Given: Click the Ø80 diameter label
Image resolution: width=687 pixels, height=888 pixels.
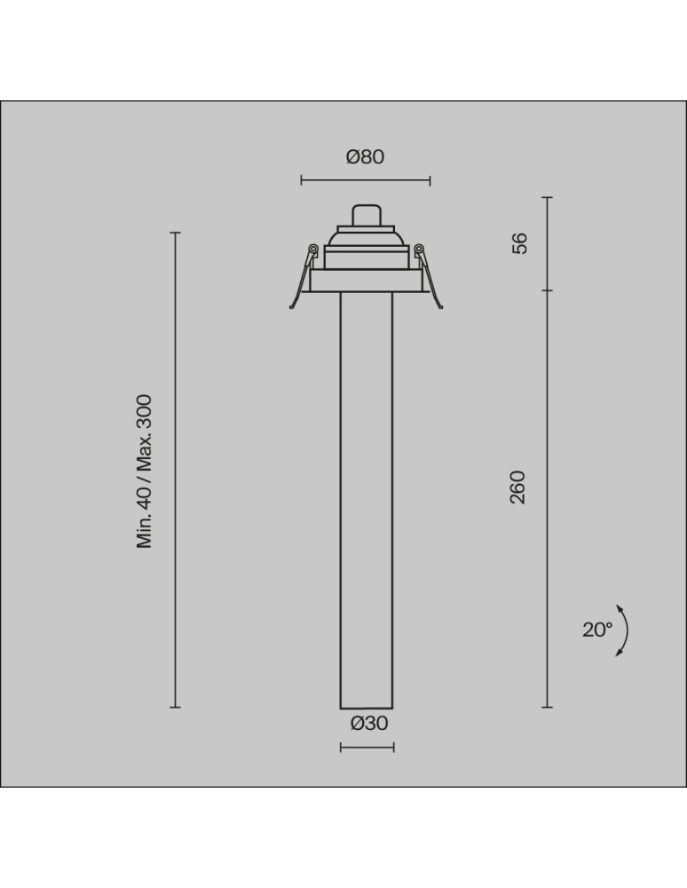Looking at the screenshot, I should coord(365,157).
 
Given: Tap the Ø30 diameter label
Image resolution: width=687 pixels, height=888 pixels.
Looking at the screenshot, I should coord(369,723).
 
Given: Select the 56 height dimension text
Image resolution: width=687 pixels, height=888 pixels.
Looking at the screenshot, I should coord(520,243).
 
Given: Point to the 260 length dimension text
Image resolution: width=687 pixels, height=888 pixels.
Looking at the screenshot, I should coord(518,488).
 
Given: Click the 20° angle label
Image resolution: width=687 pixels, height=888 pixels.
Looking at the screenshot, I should coord(597,630).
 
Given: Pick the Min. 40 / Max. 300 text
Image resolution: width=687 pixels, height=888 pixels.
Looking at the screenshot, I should coord(146,472).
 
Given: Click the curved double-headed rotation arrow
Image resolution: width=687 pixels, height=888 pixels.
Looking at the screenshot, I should coord(625,630).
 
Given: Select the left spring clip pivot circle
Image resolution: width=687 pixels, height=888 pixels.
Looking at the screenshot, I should coord(312,249).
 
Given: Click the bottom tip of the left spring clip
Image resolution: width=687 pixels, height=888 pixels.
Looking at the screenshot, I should coord(292,307).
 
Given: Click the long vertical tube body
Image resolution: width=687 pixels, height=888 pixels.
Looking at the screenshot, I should coord(367,497).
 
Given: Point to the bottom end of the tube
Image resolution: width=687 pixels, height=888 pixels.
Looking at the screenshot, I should coord(367,707).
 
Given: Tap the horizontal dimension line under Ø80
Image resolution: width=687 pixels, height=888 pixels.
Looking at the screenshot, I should coord(365,181).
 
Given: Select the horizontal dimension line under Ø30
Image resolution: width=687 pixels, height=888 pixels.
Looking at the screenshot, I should coord(367,748).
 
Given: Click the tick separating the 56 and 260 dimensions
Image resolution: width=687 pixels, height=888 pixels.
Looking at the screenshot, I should coord(547,290).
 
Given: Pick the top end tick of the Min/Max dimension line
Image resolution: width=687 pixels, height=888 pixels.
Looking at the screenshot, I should coord(176,233).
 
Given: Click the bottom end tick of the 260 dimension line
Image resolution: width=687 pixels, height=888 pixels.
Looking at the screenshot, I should coord(547,707).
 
